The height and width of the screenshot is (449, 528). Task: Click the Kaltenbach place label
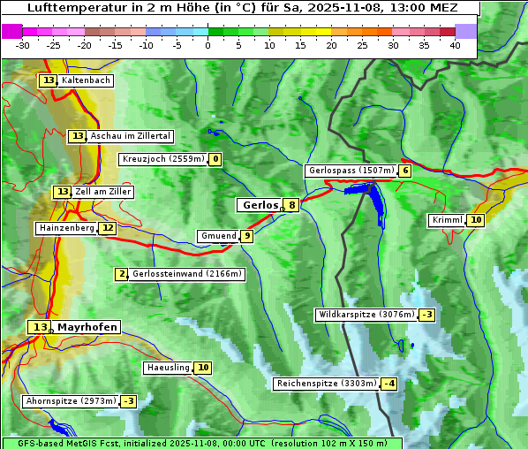[x=86, y=80]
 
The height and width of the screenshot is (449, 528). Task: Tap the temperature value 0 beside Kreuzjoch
[x=215, y=159]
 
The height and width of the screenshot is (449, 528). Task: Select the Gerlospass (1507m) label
[x=351, y=171]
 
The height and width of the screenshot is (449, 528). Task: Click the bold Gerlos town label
[x=260, y=205]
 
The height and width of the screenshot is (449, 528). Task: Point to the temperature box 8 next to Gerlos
[x=292, y=205]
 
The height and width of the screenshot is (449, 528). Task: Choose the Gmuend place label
[x=218, y=236]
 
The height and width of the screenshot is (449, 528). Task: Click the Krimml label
[x=447, y=220]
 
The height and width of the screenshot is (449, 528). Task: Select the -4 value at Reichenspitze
[x=388, y=384]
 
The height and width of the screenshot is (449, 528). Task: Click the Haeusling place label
[x=168, y=368]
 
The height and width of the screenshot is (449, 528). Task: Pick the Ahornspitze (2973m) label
[x=71, y=401]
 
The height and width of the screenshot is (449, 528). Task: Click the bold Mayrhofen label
[x=87, y=327]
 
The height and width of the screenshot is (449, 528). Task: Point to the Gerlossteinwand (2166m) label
[x=186, y=274]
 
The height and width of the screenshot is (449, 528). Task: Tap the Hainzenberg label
[x=65, y=228]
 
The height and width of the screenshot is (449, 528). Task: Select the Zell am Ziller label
[x=103, y=192]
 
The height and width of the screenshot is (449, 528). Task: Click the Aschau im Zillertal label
[x=131, y=136]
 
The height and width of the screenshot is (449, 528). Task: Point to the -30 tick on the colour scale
[x=23, y=45]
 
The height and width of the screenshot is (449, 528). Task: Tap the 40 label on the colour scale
[x=455, y=45]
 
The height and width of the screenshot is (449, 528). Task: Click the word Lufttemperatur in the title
[x=74, y=7]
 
